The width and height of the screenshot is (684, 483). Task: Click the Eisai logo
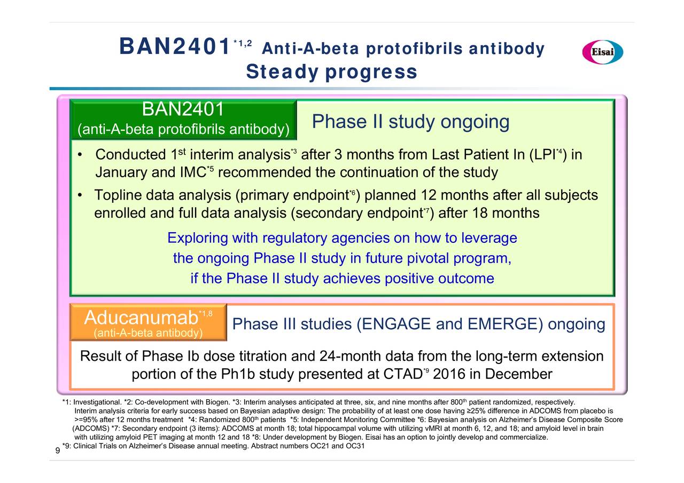pyautogui.click(x=602, y=52)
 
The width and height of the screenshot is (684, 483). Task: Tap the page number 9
pyautogui.click(x=58, y=450)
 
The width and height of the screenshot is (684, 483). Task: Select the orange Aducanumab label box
pyautogui.click(x=149, y=322)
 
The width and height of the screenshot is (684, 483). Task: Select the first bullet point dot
pyautogui.click(x=80, y=155)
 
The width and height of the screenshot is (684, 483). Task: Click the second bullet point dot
pyautogui.click(x=80, y=195)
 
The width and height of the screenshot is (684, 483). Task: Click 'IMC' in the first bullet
pyautogui.click(x=193, y=172)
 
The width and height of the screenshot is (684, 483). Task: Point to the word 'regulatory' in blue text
pyautogui.click(x=294, y=239)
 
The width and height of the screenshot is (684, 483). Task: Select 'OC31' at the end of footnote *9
pyautogui.click(x=355, y=446)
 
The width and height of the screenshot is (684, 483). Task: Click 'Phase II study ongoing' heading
pyautogui.click(x=410, y=122)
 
